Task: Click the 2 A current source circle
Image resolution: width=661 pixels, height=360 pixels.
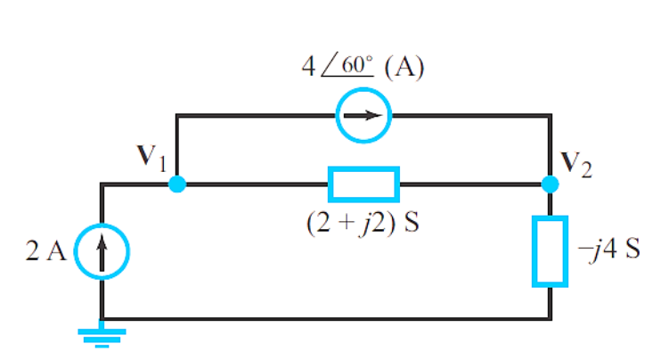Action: [102, 252]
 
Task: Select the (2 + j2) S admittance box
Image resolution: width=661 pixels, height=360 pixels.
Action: [363, 184]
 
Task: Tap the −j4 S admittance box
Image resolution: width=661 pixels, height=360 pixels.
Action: [551, 251]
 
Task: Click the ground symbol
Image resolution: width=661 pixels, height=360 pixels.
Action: [102, 336]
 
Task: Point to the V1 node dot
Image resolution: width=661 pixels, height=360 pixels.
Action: [177, 184]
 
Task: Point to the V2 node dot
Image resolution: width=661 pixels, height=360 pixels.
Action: [551, 184]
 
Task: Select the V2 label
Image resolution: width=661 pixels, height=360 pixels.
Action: [575, 163]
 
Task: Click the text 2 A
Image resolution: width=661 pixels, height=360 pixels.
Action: [45, 252]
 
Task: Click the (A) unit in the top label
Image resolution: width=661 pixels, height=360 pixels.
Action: [404, 70]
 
